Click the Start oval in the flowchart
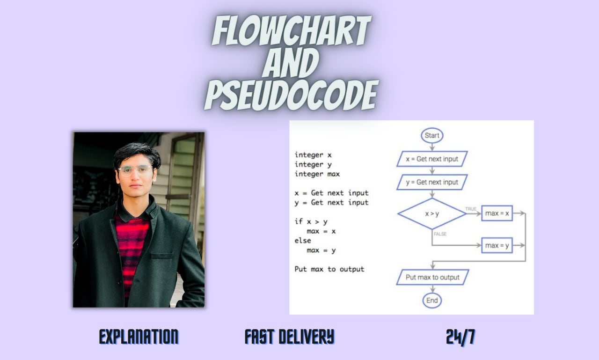[x=431, y=136]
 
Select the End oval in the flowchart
[x=431, y=300]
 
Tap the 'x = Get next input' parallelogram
[x=432, y=159]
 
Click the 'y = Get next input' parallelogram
[x=432, y=182]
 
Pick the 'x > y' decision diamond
[x=431, y=213]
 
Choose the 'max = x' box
[x=497, y=213]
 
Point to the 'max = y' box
[x=497, y=245]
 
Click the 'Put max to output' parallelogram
[x=432, y=277]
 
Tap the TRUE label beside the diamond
[x=471, y=208]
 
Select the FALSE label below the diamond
[x=440, y=234]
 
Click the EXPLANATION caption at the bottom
[x=139, y=337]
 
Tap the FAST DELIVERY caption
[x=289, y=337]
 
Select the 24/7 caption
[x=460, y=337]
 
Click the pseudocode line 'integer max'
[x=317, y=174]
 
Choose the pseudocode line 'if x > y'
[x=311, y=221]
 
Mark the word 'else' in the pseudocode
[x=303, y=241]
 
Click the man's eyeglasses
[x=135, y=170]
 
